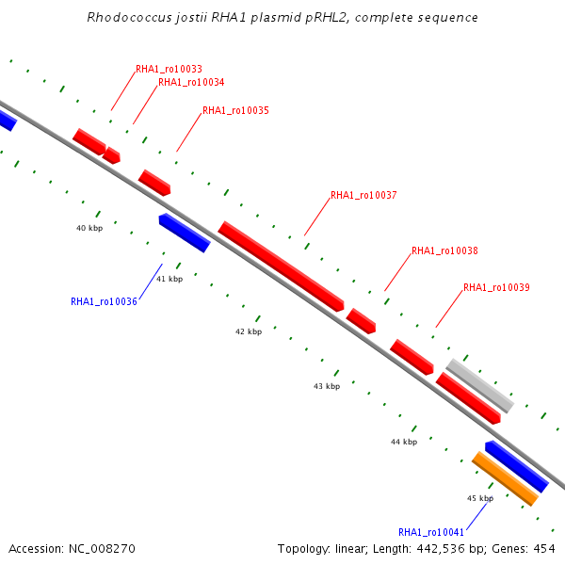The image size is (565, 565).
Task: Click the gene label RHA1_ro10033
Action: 169,69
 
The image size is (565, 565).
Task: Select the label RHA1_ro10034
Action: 191,82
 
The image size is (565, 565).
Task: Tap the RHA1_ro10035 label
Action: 235,111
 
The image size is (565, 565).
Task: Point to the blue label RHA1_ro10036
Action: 104,302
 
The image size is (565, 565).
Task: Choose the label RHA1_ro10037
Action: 363,196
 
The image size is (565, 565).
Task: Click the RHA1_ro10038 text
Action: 444,251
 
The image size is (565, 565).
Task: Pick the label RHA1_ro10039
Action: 496,288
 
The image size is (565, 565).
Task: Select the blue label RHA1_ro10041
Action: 431,532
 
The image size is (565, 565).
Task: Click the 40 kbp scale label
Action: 89,228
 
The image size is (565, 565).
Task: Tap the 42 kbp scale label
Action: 248,332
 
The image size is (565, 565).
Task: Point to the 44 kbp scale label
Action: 404,442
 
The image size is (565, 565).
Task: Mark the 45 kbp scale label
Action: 480,498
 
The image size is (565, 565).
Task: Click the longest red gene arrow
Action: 281,266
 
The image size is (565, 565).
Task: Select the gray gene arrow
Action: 479,384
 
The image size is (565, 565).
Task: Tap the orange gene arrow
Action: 505,477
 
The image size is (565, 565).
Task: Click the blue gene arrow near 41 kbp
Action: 185,233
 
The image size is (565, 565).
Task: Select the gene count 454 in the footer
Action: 542,548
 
